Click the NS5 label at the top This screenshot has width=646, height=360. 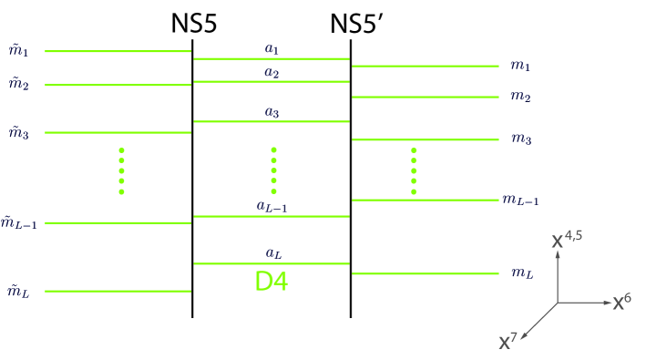click(x=193, y=25)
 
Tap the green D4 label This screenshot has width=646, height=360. click(x=272, y=283)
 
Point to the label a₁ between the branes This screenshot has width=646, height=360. click(x=272, y=47)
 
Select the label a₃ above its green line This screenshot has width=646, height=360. click(x=272, y=111)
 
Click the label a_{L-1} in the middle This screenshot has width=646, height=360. click(x=272, y=206)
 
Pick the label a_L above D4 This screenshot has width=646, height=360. click(x=272, y=252)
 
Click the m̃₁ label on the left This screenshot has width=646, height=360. click(x=18, y=51)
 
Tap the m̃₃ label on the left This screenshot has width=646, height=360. click(x=18, y=133)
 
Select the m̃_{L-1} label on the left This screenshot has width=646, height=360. click(x=18, y=221)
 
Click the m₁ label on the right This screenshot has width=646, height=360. click(x=521, y=66)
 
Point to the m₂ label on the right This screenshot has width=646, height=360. click(x=521, y=96)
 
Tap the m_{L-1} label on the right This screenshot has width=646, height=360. click(x=527, y=200)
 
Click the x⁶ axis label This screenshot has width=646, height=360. click(x=622, y=302)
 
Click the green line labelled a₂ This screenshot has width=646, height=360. click(x=272, y=82)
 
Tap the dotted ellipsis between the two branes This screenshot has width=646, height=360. click(x=273, y=170)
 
